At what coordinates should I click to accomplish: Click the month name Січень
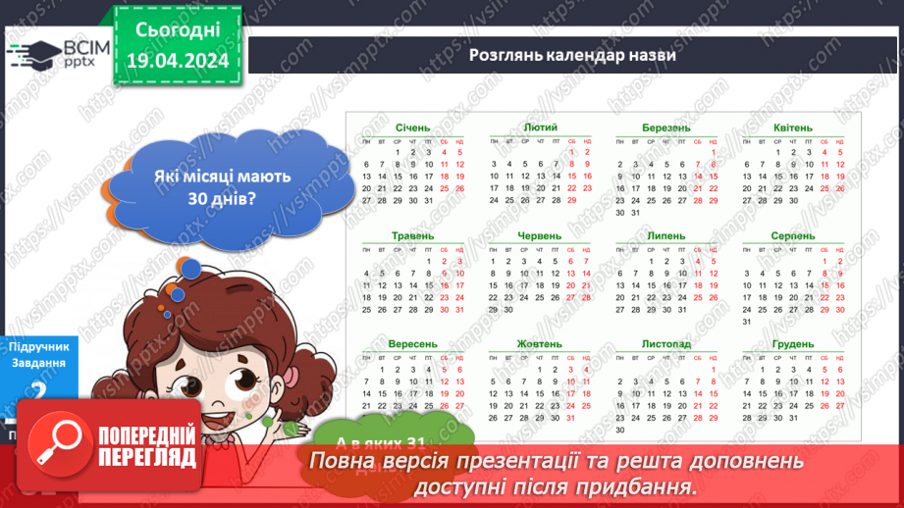[412, 128]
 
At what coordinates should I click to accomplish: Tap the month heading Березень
[666, 128]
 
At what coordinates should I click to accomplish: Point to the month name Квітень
[792, 128]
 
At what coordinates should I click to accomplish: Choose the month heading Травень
[412, 236]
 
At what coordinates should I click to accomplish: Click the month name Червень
[540, 236]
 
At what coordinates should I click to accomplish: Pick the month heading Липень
[666, 236]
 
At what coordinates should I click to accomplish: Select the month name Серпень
[792, 236]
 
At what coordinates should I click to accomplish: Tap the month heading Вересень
[412, 344]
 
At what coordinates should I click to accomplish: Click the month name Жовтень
[540, 344]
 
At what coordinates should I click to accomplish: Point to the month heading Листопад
[666, 344]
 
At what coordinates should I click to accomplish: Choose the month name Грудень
[792, 344]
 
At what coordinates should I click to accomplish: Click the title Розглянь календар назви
[572, 55]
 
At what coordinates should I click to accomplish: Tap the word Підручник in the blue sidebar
[37, 346]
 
